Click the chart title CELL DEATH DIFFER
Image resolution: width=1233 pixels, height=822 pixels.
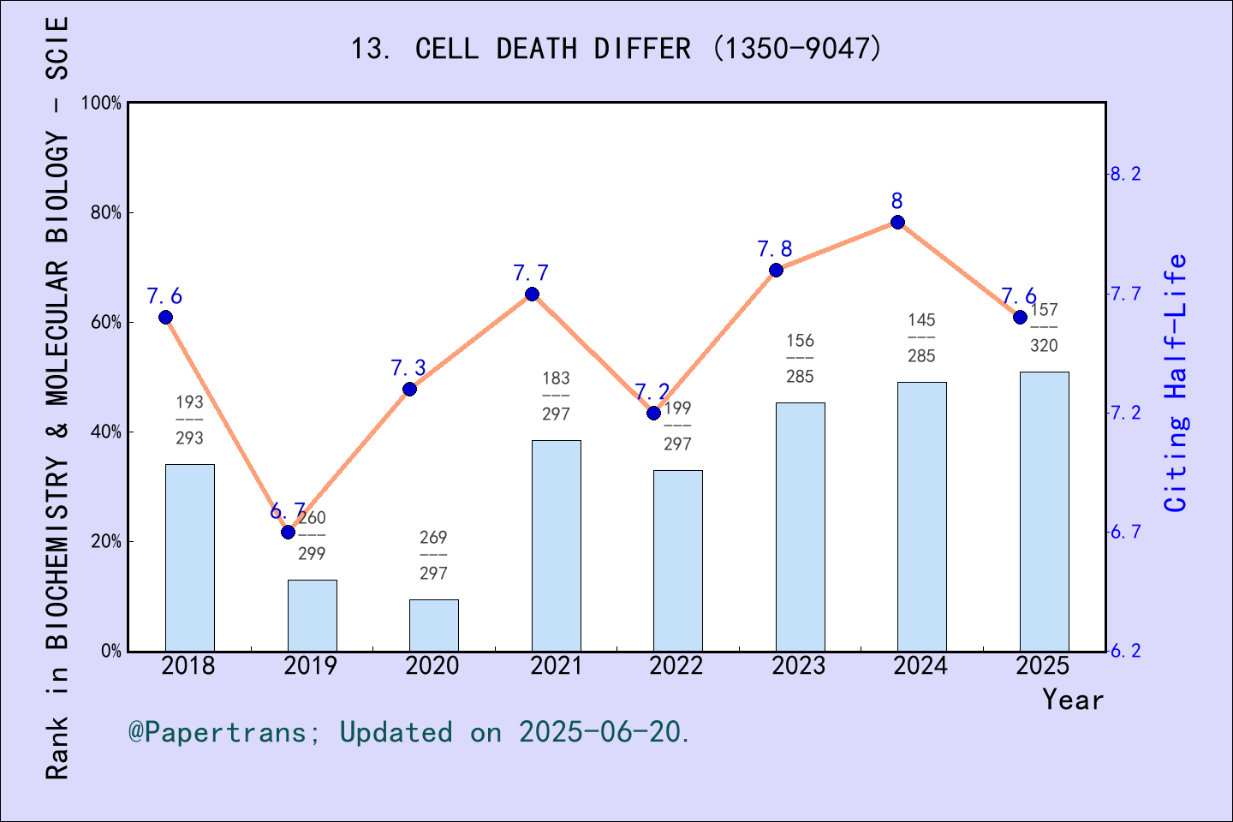(x=616, y=49)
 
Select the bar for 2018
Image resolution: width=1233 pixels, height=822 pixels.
(x=189, y=557)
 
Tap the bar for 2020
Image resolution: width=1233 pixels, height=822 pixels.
(x=433, y=625)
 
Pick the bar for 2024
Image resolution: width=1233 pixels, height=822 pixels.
(x=921, y=516)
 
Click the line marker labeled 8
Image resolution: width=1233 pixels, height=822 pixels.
(x=897, y=223)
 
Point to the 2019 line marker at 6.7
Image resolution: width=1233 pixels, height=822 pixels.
(x=288, y=533)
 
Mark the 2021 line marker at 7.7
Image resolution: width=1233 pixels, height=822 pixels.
(x=532, y=295)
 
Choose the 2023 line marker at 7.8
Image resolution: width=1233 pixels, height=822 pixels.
(x=776, y=271)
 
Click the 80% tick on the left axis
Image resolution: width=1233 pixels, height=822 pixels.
(x=106, y=213)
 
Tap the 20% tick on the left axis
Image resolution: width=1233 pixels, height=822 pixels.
(x=106, y=542)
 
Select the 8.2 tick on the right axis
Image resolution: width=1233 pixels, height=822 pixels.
(x=1125, y=175)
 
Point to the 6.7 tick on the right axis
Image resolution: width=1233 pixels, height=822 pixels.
(x=1125, y=533)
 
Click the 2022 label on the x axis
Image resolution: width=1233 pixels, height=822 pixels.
(x=676, y=666)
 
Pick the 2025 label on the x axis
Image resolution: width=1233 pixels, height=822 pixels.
(x=1043, y=666)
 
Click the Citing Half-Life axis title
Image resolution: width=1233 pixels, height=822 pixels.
(x=1176, y=383)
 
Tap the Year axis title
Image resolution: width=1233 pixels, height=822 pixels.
(x=1072, y=700)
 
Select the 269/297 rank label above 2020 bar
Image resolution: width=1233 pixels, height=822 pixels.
(x=433, y=555)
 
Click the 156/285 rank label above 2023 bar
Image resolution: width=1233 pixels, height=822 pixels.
(x=800, y=359)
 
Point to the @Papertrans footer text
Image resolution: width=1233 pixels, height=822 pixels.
(x=409, y=733)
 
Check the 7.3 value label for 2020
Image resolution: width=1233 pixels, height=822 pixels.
(x=408, y=368)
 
